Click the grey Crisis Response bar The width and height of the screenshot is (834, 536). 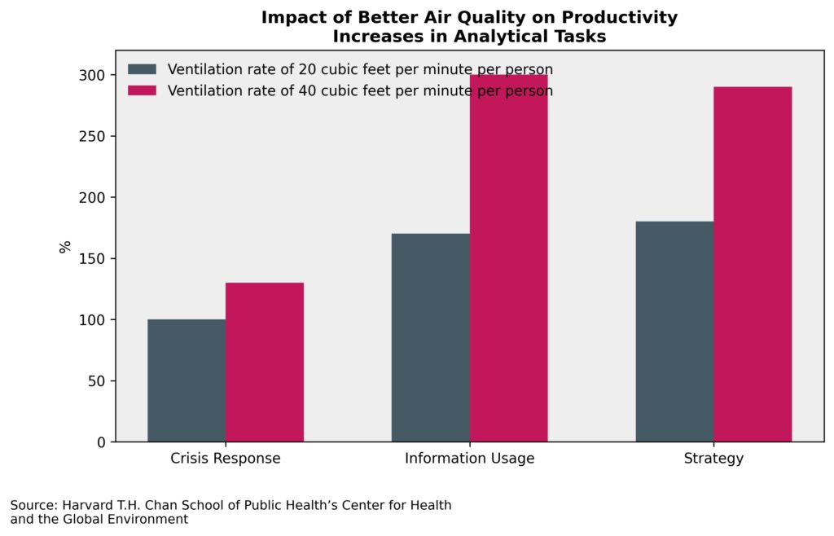click(x=187, y=380)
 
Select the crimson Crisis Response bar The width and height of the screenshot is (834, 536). click(x=265, y=362)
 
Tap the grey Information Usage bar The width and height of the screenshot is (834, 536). click(x=430, y=338)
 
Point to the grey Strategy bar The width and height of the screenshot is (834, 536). click(x=674, y=332)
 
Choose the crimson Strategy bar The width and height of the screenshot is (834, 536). click(x=753, y=264)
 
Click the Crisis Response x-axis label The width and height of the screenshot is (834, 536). click(x=226, y=459)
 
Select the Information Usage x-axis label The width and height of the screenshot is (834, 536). click(x=469, y=459)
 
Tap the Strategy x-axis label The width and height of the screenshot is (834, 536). click(x=713, y=459)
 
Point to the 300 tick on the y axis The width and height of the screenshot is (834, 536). click(x=95, y=76)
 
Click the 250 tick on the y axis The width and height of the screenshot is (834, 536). click(x=95, y=137)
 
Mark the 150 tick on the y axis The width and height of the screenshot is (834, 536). click(x=95, y=259)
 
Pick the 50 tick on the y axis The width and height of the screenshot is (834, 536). click(x=99, y=381)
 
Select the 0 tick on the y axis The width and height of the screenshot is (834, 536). click(x=102, y=442)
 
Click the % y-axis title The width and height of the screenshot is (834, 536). click(x=65, y=247)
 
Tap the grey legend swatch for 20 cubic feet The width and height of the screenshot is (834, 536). click(x=143, y=68)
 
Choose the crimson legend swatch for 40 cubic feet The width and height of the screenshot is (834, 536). click(x=143, y=90)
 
